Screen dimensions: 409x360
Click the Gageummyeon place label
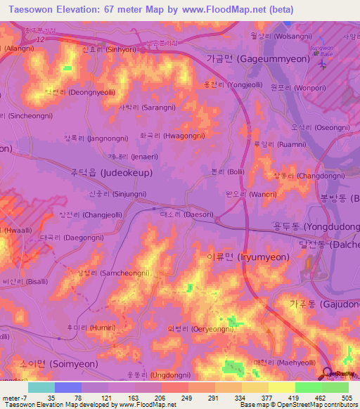coord(258,60)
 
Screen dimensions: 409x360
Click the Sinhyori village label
coord(109,51)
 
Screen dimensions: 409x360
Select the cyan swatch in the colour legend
coord(41,387)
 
